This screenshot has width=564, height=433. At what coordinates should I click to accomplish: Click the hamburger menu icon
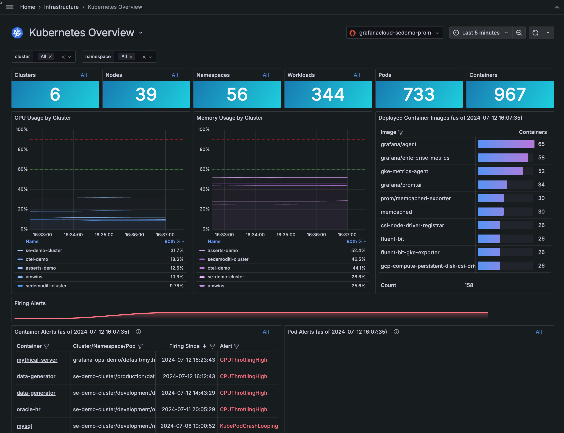[10, 7]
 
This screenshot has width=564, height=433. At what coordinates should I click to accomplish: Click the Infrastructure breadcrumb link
[61, 7]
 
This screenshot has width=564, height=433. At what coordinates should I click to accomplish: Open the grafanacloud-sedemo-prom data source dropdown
[394, 33]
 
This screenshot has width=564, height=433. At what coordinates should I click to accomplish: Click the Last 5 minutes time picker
[480, 33]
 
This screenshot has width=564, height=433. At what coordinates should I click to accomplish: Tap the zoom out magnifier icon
[519, 33]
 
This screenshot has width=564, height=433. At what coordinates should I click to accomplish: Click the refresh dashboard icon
[535, 33]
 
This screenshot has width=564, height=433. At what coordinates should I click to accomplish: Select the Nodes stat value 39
[146, 94]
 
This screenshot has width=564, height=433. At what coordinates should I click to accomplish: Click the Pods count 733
[419, 94]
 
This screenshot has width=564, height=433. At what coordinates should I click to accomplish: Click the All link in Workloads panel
[357, 75]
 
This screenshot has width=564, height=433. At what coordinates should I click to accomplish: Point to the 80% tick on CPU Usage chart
[23, 149]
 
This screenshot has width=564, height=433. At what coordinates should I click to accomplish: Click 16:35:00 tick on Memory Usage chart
[286, 235]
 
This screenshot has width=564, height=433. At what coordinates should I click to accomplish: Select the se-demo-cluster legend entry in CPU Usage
[44, 251]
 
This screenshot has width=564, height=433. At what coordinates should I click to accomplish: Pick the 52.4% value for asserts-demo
[358, 251]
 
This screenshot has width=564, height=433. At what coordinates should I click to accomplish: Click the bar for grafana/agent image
[506, 144]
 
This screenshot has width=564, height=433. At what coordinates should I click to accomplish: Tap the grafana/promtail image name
[401, 185]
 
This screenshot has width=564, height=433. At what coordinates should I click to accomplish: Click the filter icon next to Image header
[401, 132]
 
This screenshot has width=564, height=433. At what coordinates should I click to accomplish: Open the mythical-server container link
[37, 360]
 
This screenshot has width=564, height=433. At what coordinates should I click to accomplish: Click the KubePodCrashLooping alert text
[249, 426]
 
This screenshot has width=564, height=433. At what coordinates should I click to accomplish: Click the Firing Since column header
[184, 346]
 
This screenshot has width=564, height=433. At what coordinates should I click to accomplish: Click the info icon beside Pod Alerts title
[396, 332]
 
